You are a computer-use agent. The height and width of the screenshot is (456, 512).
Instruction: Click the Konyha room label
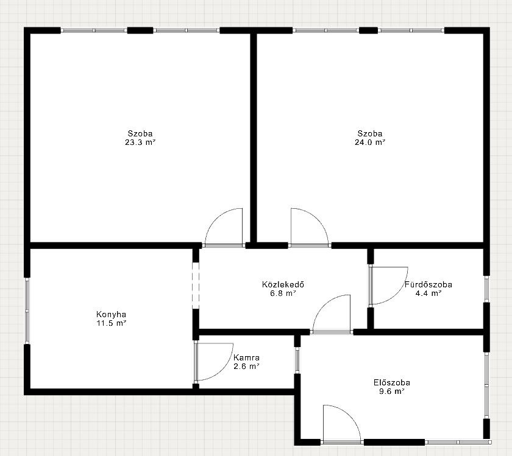tap(111, 314)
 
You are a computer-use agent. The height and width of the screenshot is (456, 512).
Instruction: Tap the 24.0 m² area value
tap(370, 142)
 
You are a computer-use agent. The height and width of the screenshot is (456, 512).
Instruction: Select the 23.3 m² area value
tap(140, 142)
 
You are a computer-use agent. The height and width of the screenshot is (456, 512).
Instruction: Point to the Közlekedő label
tap(283, 284)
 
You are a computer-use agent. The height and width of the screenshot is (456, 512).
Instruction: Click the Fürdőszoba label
tap(428, 284)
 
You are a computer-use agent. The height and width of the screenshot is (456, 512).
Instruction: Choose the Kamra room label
tap(246, 357)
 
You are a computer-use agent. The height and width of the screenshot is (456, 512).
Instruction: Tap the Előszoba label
tap(392, 382)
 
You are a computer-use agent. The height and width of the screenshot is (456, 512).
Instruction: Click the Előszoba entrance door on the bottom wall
tap(342, 423)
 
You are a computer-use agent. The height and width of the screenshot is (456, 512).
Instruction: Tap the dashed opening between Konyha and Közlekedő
tap(195, 286)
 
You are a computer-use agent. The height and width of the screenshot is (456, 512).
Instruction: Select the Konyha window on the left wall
tap(27, 311)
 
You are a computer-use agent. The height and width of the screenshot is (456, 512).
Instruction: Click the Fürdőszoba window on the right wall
tap(486, 289)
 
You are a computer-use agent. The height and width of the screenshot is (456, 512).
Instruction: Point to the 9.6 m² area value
tap(392, 391)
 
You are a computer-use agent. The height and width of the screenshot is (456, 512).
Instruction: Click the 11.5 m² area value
tap(112, 323)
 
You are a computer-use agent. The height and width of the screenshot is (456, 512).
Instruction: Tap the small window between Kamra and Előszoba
tap(297, 360)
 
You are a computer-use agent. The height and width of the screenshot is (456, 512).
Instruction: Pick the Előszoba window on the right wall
tap(486, 385)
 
